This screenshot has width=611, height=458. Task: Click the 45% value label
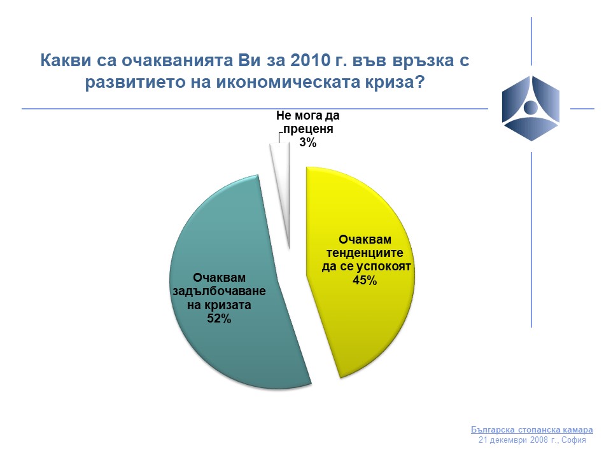tap(365, 281)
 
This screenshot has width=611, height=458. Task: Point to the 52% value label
tap(219, 319)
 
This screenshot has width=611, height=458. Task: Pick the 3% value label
tap(308, 142)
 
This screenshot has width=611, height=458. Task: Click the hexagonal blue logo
tap(531, 108)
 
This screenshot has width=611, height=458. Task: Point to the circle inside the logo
tap(530, 107)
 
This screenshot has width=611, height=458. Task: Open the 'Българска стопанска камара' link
tap(532, 429)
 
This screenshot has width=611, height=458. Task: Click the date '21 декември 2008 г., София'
tap(532, 440)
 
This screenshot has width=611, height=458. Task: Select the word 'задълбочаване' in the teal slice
tap(219, 291)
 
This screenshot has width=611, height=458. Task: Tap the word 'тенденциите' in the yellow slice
tap(365, 253)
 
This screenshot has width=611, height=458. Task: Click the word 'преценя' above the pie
tap(308, 129)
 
